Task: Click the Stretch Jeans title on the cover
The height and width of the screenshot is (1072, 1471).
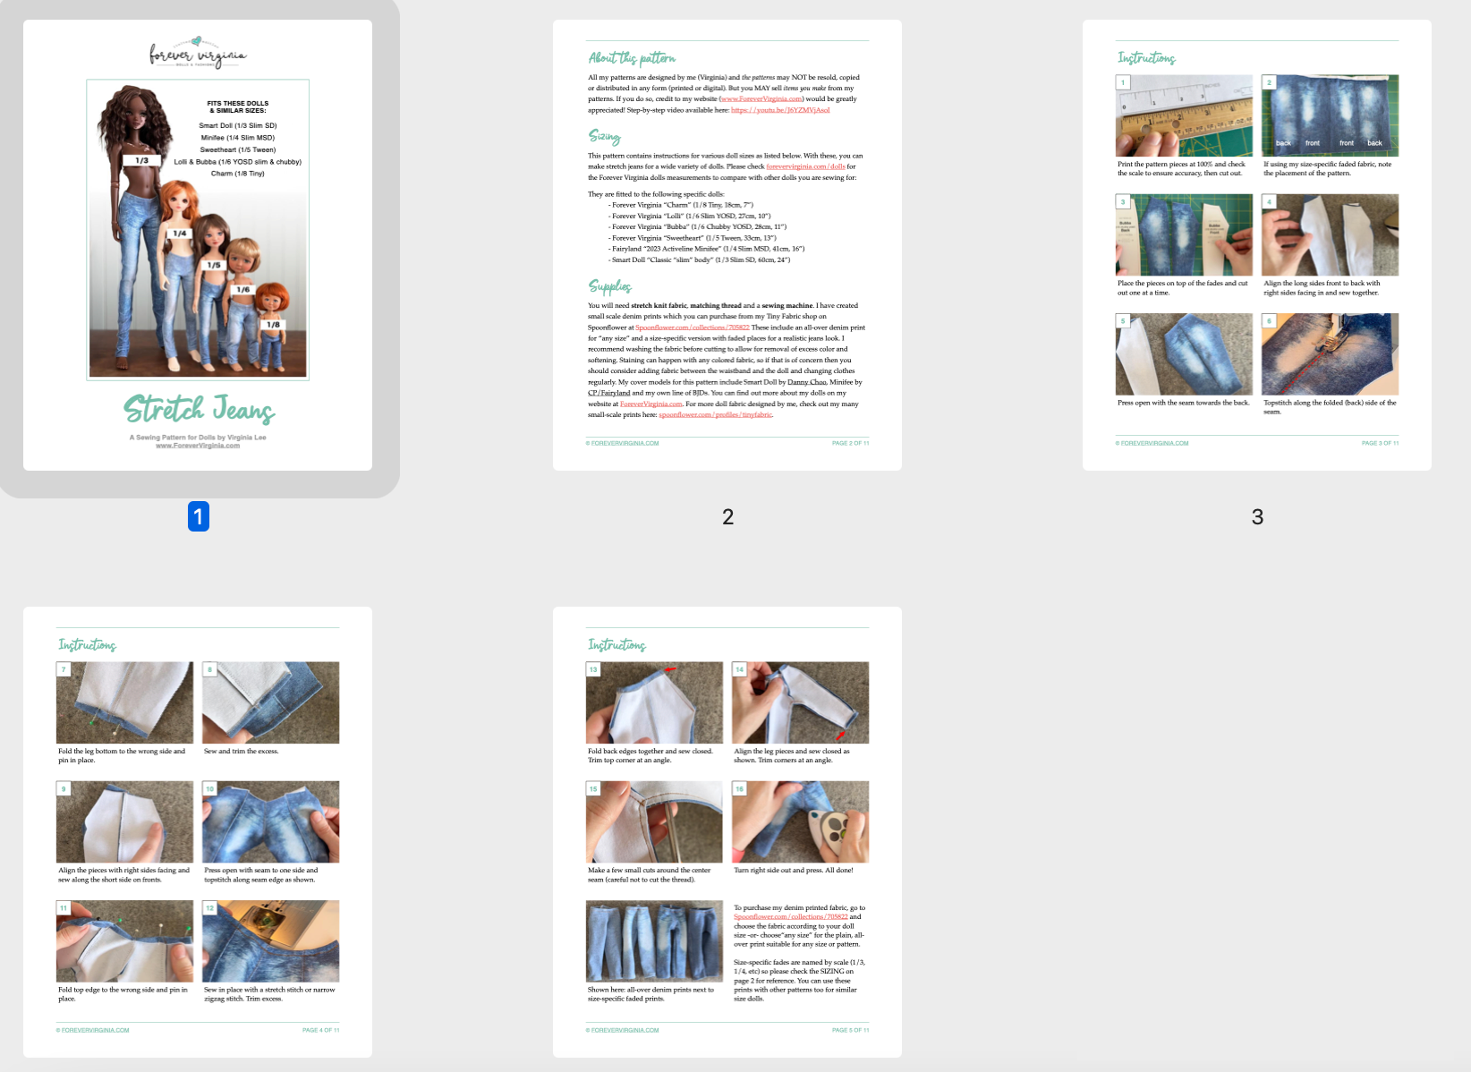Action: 199,409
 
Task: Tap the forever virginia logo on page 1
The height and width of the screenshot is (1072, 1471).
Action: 198,53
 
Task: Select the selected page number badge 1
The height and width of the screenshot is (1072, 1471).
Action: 199,516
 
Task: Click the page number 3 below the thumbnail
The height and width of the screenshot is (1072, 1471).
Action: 1257,516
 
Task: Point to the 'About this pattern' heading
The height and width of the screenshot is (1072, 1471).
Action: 632,58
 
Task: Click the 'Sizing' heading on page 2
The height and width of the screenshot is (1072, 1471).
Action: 604,136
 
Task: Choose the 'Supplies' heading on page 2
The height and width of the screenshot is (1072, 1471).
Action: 610,286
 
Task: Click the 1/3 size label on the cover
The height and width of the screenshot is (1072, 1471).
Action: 141,161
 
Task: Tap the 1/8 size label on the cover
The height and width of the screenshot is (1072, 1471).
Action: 273,325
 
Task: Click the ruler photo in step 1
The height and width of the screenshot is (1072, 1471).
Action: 1184,116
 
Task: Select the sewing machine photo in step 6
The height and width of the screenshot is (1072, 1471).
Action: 1330,354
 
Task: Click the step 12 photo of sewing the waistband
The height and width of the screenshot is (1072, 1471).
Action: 270,941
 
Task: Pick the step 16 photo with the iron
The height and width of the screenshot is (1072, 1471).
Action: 800,821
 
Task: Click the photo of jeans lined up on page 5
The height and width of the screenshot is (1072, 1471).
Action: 654,941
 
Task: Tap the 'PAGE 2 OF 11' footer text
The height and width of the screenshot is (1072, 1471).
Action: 850,443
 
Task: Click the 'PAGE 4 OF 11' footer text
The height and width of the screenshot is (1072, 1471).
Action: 320,1030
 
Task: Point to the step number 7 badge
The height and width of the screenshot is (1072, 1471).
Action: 64,669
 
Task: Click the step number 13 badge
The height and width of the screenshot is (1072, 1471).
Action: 593,669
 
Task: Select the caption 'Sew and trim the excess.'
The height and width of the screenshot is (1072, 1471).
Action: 241,752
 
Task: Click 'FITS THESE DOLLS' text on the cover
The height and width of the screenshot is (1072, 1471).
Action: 238,104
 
